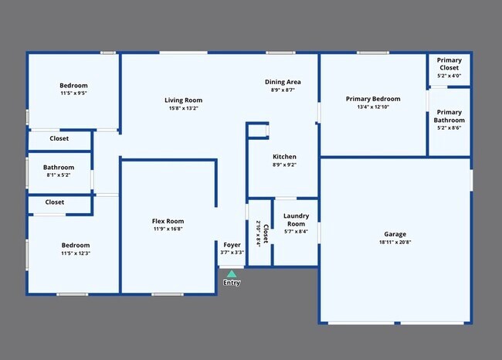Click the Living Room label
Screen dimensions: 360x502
click(x=183, y=100)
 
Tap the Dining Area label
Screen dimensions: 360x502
click(x=283, y=82)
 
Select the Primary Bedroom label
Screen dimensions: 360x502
click(x=373, y=99)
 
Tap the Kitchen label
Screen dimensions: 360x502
click(x=284, y=156)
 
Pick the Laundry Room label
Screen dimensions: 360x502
click(x=296, y=219)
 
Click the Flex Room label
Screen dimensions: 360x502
click(x=168, y=222)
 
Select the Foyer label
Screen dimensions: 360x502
click(x=232, y=245)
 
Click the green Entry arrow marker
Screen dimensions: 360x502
click(x=232, y=273)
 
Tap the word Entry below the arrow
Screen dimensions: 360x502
click(x=232, y=283)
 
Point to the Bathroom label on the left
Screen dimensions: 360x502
click(x=59, y=167)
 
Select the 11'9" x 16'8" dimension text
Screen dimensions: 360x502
click(x=168, y=229)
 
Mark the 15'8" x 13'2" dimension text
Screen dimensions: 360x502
click(x=183, y=108)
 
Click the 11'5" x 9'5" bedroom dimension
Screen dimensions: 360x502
click(x=74, y=93)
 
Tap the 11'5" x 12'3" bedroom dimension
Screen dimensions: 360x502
click(x=74, y=253)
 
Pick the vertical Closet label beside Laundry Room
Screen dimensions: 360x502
click(x=266, y=233)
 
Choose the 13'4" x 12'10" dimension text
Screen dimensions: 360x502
click(x=373, y=107)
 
